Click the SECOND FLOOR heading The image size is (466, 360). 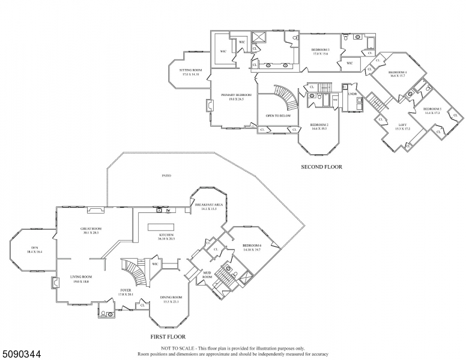(321, 167)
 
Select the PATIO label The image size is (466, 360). (166, 176)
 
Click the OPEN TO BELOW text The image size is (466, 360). (278, 115)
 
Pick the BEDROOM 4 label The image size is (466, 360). (398, 74)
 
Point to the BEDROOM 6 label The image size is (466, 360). (252, 247)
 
